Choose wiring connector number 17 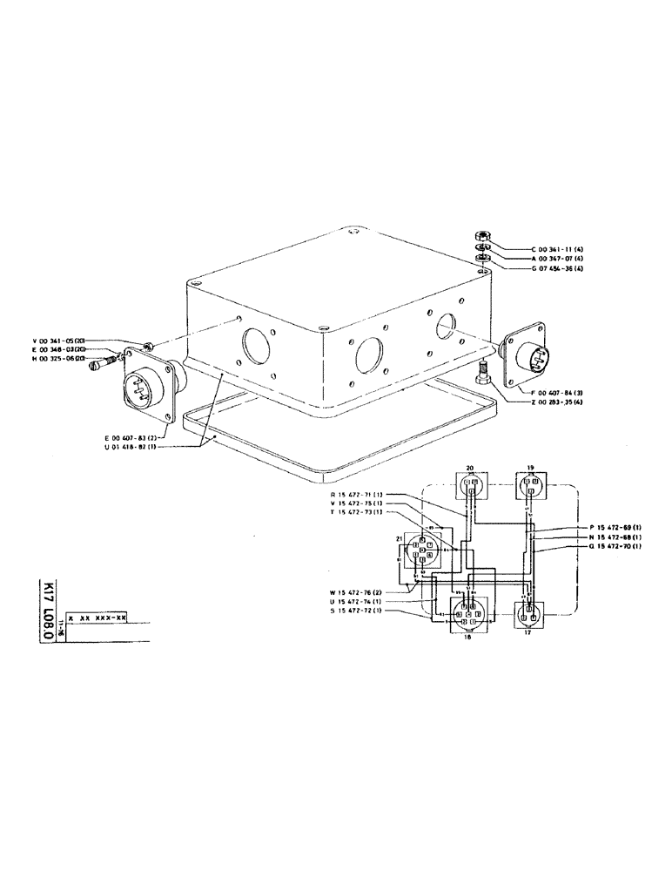pos(529,615)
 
